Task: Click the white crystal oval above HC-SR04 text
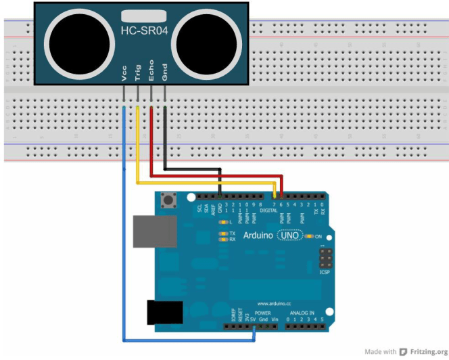pos(144,15)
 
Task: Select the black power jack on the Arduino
pos(164,311)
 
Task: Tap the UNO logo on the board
pos(291,235)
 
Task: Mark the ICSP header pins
pos(325,258)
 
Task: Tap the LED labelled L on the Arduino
pos(223,222)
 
